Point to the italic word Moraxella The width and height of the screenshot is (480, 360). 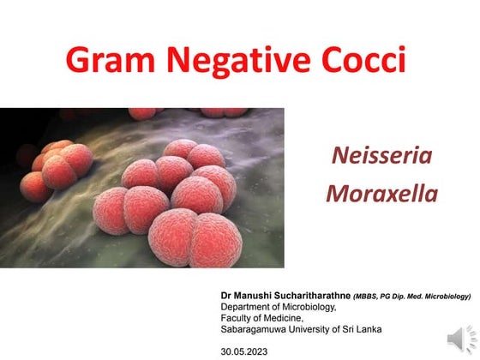(381, 193)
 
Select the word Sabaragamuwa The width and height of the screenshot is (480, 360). (254, 329)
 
